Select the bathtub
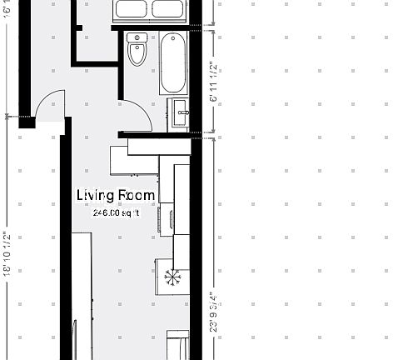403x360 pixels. point(173,62)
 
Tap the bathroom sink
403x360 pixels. point(179,113)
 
